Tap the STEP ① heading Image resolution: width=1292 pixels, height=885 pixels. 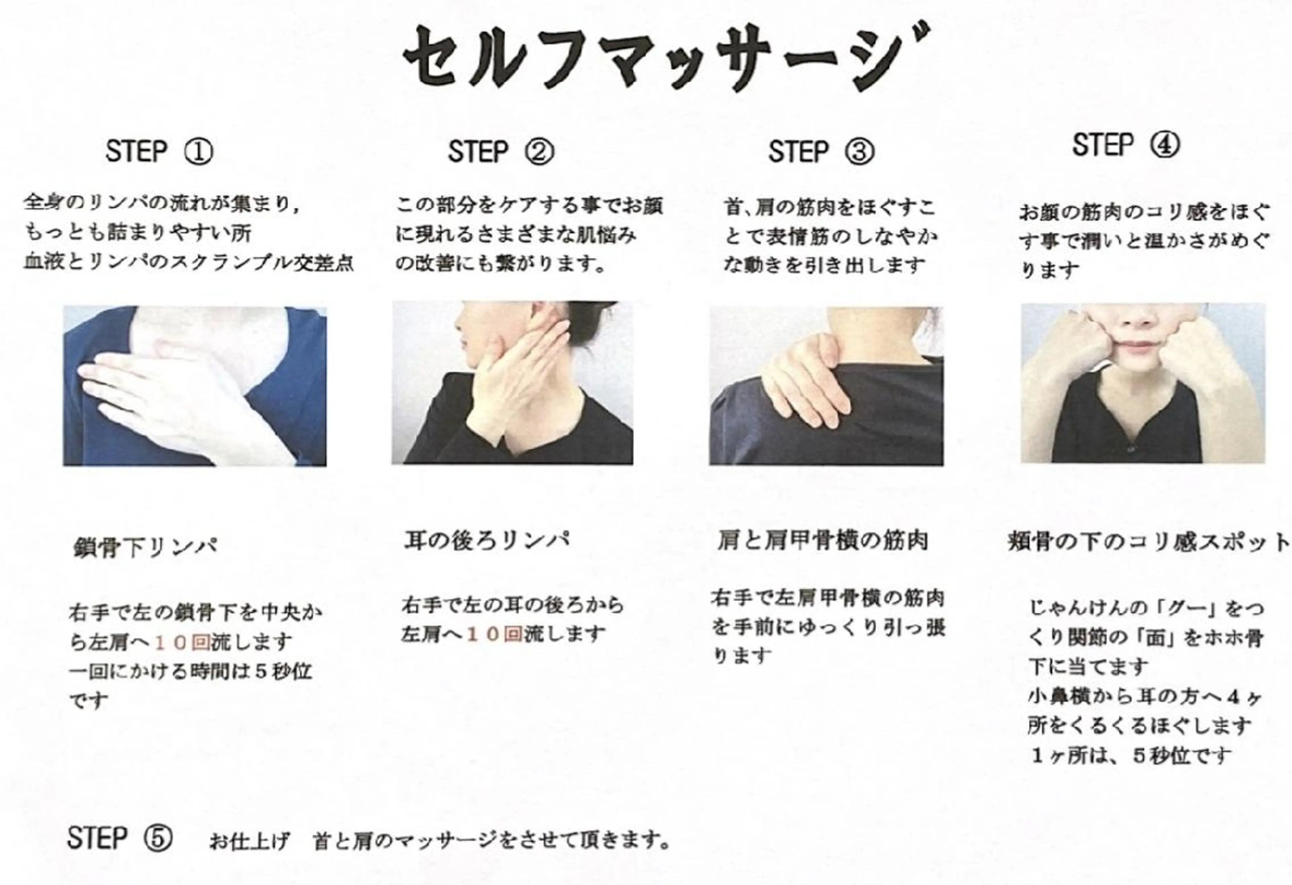coord(159,151)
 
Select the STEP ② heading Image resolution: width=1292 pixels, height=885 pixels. coord(501,151)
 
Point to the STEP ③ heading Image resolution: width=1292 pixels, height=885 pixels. coord(821,151)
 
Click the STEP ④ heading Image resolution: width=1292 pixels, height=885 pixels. coord(1126,145)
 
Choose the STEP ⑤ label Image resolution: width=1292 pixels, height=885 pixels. coord(119,838)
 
